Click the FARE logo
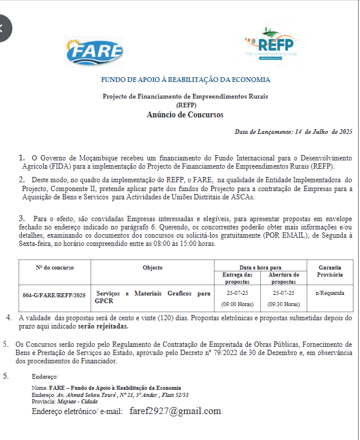click(95, 52)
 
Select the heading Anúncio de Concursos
click(185, 114)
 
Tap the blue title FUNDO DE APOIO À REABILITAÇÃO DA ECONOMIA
click(185, 80)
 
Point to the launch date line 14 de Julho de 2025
click(293, 132)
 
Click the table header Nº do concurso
click(55, 267)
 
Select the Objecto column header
click(153, 267)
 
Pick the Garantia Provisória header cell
click(330, 271)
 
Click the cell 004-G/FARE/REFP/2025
click(54, 294)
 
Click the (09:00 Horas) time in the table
click(237, 304)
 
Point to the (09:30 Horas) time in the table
click(284, 304)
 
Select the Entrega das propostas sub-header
click(237, 278)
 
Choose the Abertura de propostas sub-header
click(284, 278)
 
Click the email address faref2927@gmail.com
click(175, 411)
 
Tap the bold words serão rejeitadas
click(103, 326)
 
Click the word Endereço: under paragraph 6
click(45, 376)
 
